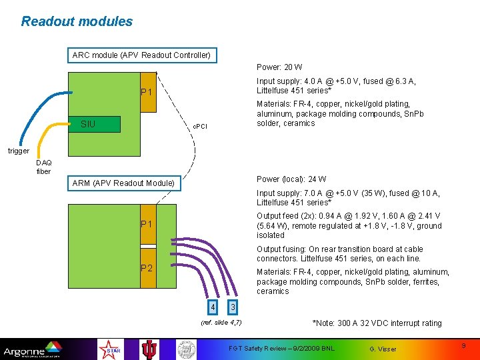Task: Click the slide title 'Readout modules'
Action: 77,21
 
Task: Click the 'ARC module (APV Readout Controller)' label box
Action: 141,55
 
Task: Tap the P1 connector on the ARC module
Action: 147,92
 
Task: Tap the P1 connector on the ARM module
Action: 147,224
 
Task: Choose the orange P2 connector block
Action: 147,268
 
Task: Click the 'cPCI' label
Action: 200,126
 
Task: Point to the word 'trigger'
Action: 19,151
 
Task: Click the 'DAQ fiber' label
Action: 43,167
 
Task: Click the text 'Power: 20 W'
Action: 279,67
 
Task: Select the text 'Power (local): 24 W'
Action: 291,179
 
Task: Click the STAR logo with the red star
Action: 108,349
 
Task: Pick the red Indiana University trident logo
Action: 149,349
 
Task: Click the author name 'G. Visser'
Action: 383,349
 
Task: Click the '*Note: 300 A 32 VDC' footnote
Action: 377,323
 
